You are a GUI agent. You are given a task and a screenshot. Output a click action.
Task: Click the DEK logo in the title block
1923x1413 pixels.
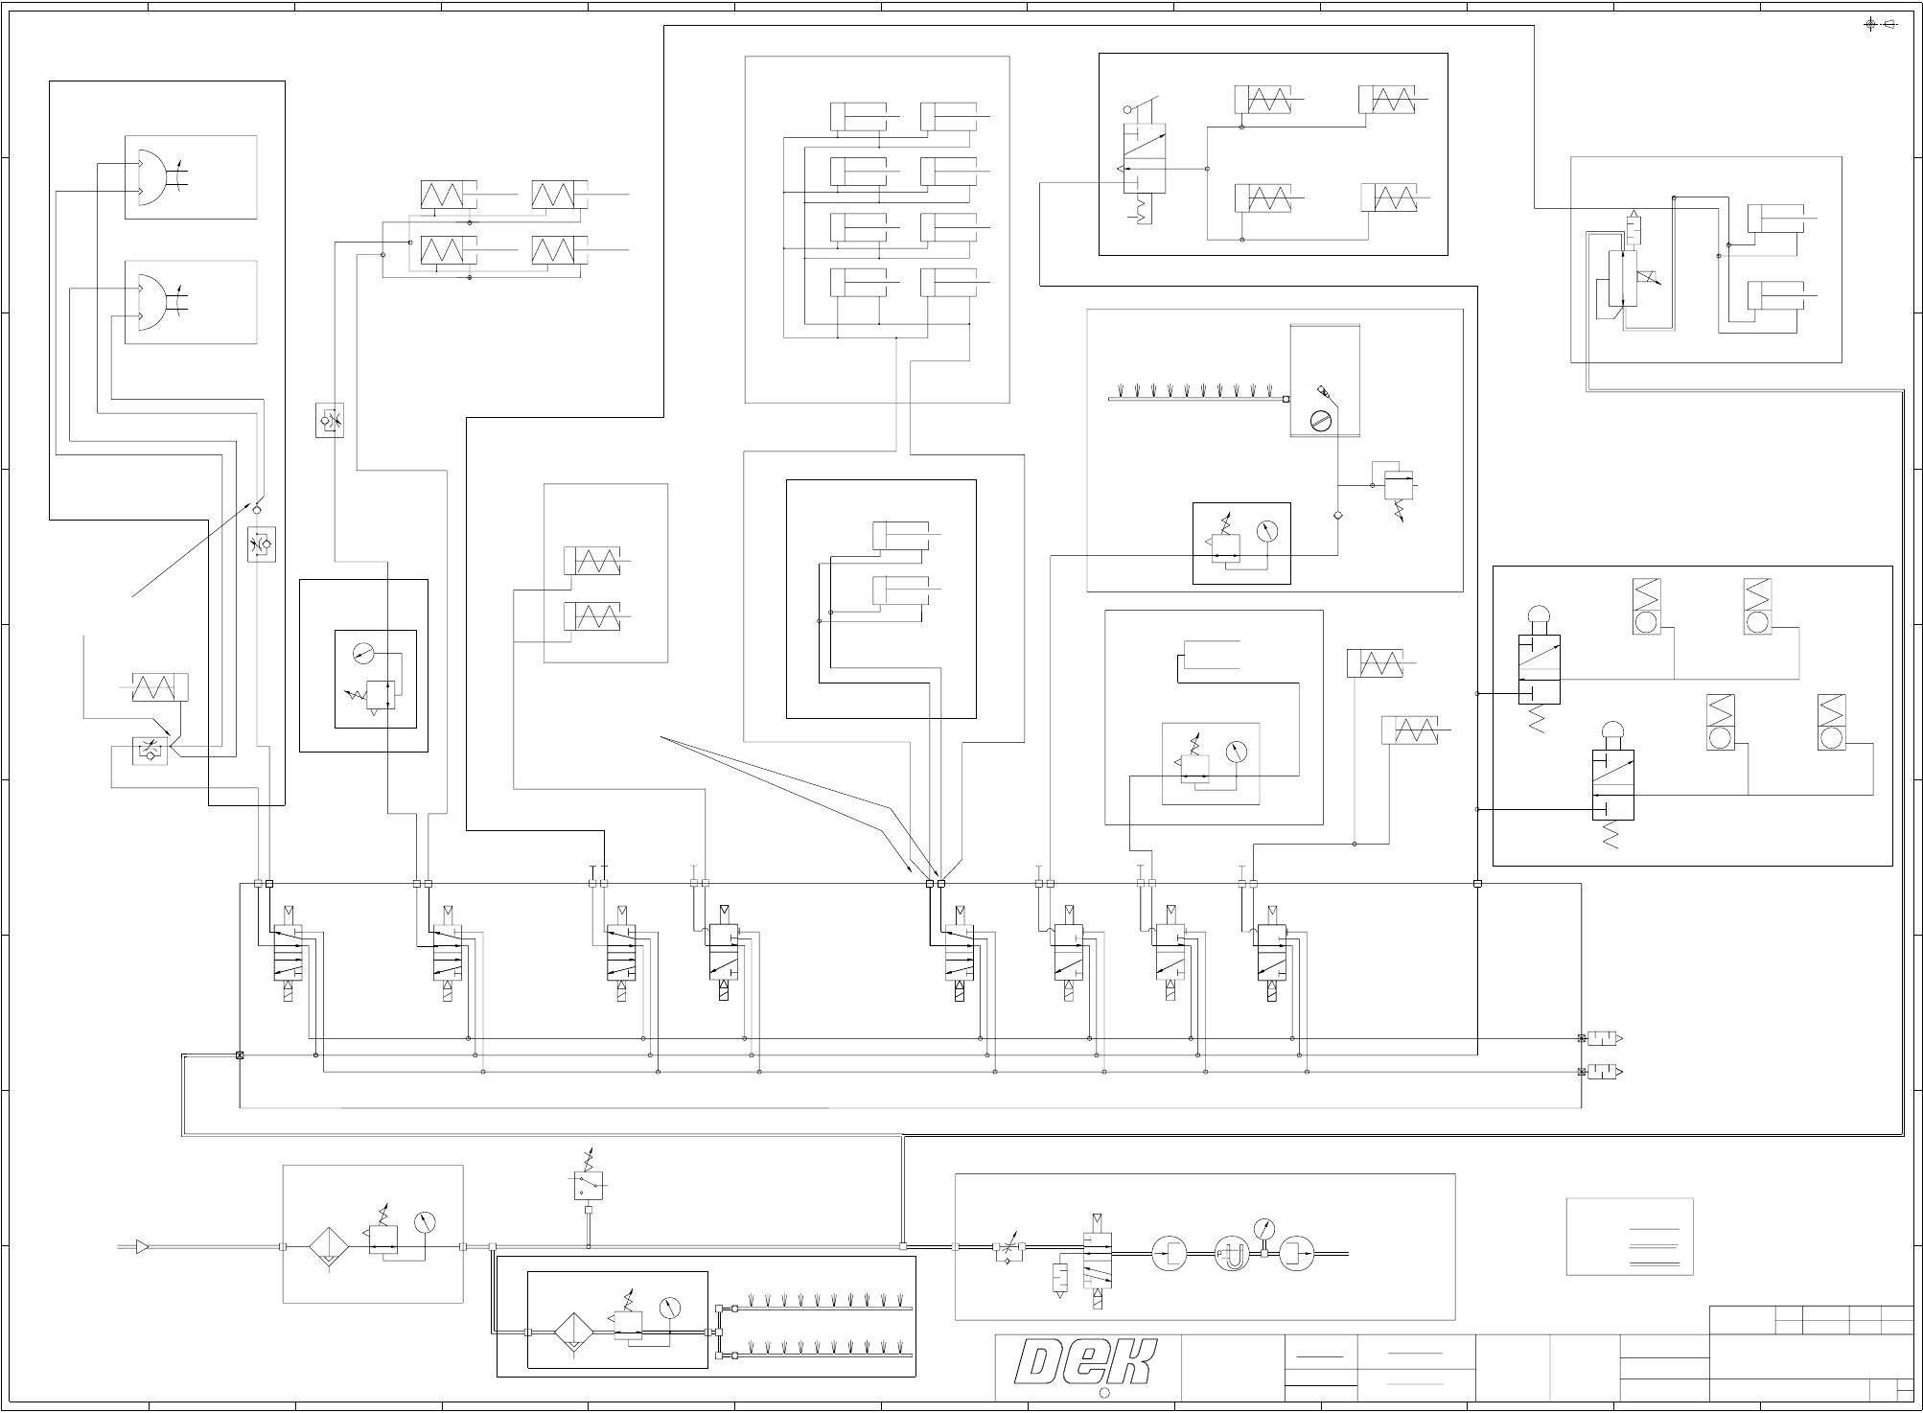point(1085,1363)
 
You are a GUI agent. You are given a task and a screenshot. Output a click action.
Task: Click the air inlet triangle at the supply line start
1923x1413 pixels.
point(142,1246)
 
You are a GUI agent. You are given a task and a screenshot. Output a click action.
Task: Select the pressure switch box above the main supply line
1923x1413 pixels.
point(588,1187)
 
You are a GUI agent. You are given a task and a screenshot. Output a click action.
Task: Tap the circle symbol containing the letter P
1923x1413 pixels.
point(1231,1254)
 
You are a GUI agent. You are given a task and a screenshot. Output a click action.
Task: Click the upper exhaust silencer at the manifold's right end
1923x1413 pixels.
point(1603,1038)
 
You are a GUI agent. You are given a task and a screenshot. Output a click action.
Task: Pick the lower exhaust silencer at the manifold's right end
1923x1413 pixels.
point(1603,1072)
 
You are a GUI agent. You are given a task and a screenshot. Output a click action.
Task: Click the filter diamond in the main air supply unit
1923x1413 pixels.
point(328,1247)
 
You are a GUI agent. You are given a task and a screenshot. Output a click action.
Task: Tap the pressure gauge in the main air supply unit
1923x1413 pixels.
point(425,1222)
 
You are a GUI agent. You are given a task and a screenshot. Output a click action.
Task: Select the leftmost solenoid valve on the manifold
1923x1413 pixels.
point(288,953)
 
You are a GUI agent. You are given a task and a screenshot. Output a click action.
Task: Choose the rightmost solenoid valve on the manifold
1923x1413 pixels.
point(1271,953)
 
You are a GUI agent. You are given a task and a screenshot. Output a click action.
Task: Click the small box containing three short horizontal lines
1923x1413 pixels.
point(1630,1237)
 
